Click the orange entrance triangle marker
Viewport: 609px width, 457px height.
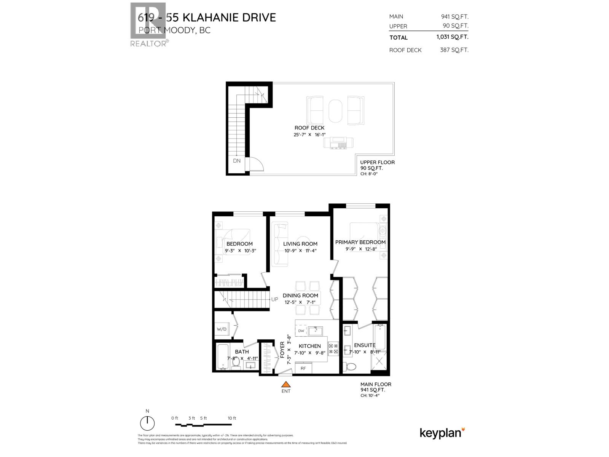[x=285, y=384]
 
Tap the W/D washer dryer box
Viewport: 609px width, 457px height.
[x=222, y=329]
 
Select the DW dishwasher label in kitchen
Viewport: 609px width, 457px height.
[x=301, y=331]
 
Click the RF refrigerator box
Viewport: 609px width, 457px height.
[x=303, y=368]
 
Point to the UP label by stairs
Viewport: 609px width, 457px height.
[x=274, y=299]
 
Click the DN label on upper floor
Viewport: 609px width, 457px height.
[x=237, y=161]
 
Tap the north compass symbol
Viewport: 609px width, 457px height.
[x=147, y=423]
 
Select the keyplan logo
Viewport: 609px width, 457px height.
[x=442, y=433]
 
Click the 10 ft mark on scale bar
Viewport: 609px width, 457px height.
[x=232, y=418]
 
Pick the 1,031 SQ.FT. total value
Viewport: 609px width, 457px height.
[x=452, y=37]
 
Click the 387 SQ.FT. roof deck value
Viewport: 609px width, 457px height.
[x=454, y=50]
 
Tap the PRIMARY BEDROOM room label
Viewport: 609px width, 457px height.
[x=360, y=242]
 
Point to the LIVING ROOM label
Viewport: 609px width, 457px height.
[x=300, y=244]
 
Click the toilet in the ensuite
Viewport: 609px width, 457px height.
[x=350, y=367]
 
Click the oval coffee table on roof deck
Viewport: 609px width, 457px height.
[x=335, y=111]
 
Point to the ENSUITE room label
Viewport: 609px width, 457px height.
[x=365, y=345]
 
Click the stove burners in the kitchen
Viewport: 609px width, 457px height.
[x=333, y=349]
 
